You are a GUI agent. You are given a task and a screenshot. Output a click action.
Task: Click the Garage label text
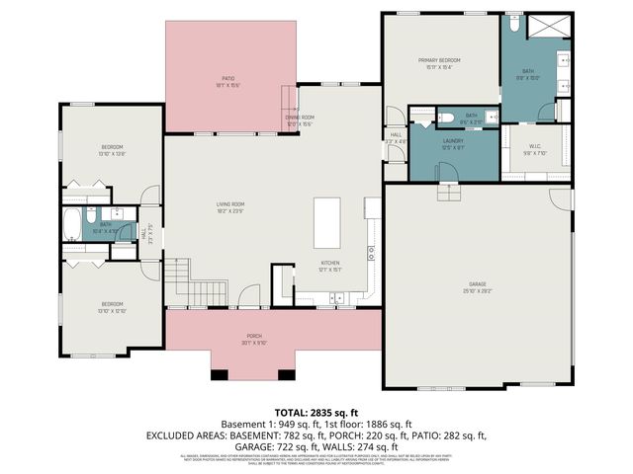pos(478,287)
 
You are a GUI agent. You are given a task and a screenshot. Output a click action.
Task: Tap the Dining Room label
pos(299,120)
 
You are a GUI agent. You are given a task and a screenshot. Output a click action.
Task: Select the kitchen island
pos(326,224)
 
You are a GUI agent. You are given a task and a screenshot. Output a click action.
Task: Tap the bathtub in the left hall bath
pos(74,226)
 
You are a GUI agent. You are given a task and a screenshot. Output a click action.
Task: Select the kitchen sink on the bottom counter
pos(337,296)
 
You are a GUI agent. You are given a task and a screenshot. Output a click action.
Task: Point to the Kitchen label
pos(329,265)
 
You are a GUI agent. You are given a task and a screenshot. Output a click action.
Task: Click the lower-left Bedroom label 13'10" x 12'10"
pos(110,306)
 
